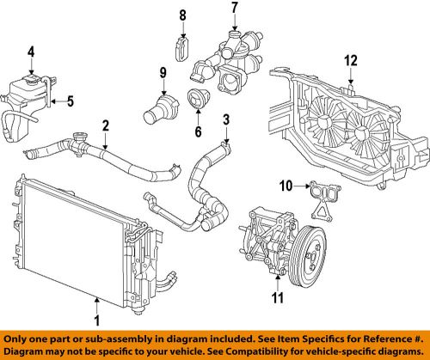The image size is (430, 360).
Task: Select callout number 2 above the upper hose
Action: (104, 125)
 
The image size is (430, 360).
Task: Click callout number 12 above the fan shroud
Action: (349, 60)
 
